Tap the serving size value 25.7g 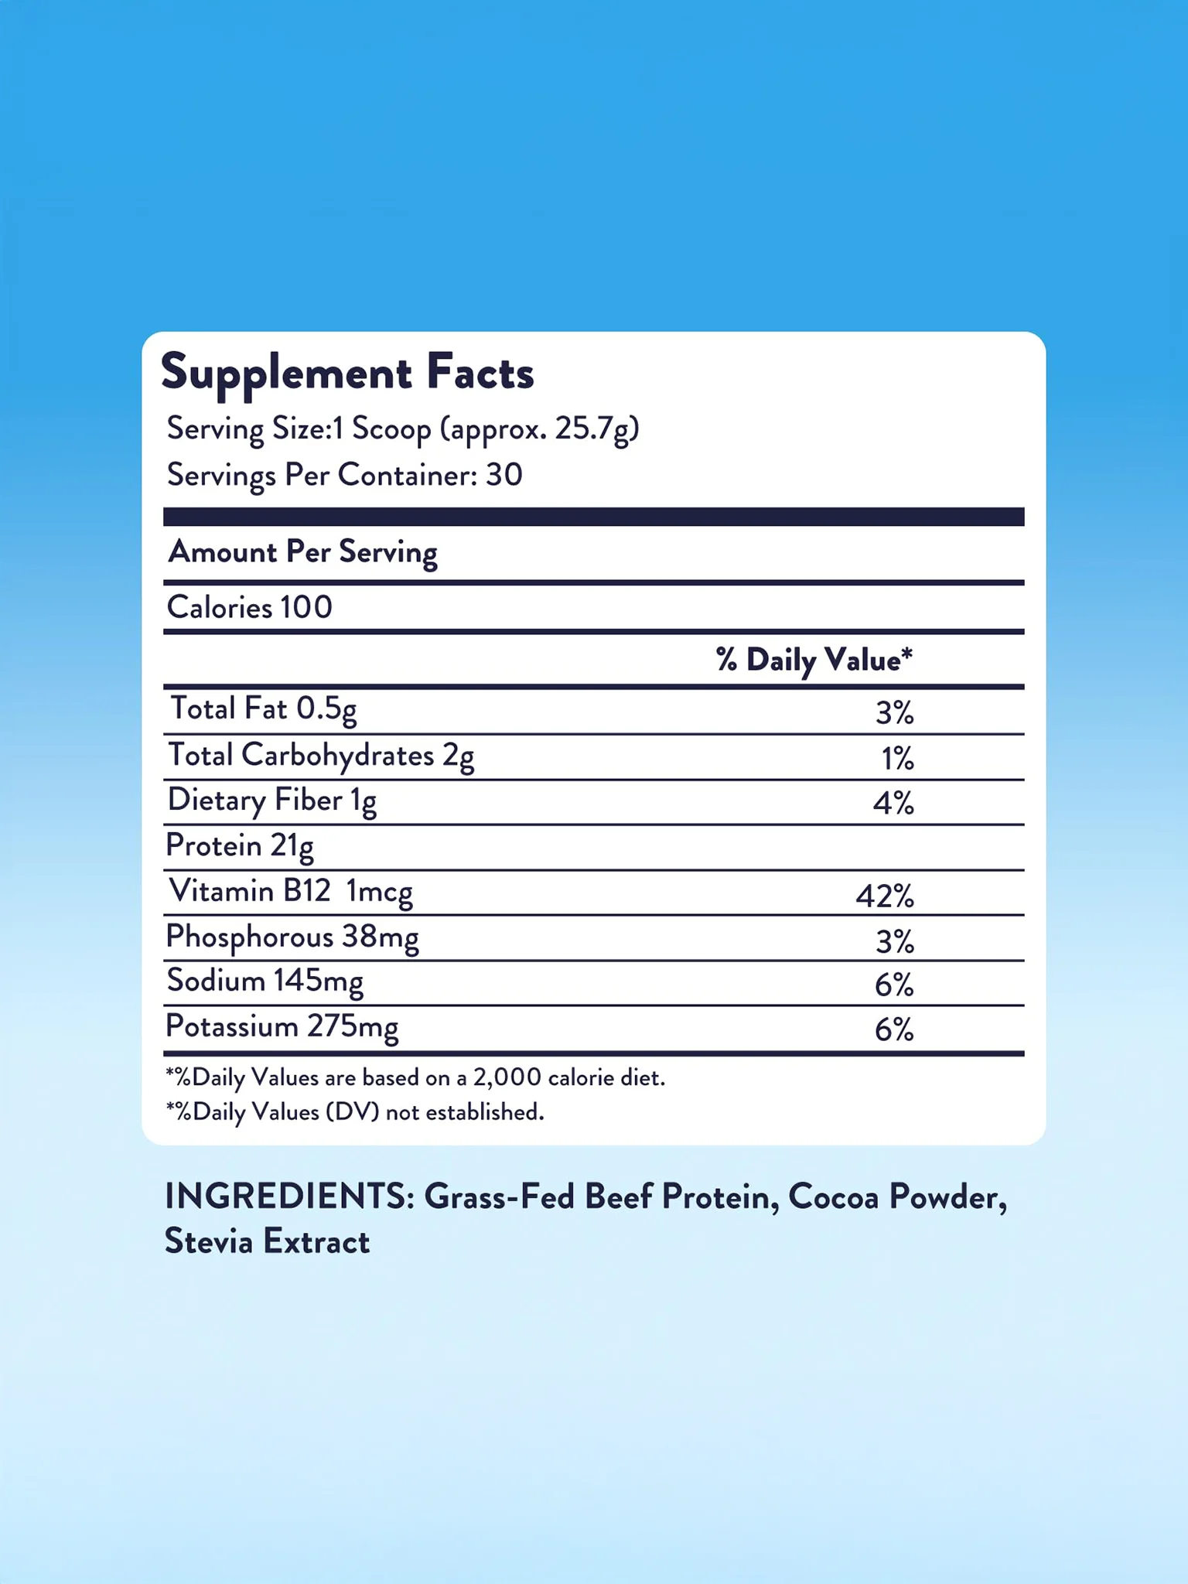click(596, 428)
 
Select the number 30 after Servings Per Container click(504, 475)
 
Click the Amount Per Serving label click(302, 552)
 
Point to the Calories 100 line click(249, 608)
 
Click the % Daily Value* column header click(814, 661)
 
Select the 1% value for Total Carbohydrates click(897, 759)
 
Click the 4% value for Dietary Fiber click(893, 804)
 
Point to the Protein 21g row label click(239, 846)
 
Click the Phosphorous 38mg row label click(292, 937)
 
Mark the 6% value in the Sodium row click(894, 985)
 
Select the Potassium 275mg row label click(282, 1028)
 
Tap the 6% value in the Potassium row click(894, 1030)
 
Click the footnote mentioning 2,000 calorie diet click(415, 1077)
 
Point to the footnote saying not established click(355, 1112)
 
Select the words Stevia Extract click(267, 1242)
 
